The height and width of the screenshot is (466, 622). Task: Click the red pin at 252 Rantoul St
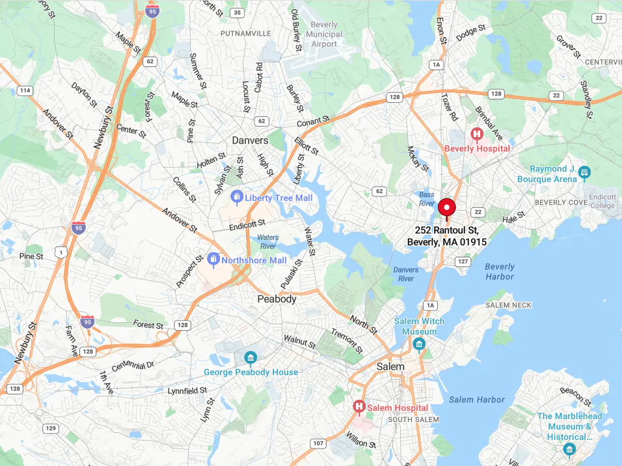click(447, 209)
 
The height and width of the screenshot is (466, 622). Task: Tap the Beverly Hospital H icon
click(476, 135)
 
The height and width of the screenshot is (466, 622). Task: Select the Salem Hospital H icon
click(358, 407)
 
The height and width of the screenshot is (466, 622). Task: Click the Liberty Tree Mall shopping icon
click(237, 197)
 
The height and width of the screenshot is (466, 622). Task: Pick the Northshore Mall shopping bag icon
click(213, 260)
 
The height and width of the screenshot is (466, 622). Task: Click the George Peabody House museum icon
click(250, 358)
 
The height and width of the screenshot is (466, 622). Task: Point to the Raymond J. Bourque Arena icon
click(584, 173)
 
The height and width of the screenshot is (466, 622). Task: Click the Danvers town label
click(250, 140)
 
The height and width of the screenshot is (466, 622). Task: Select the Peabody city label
click(277, 299)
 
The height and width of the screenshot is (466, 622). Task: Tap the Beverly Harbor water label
click(500, 272)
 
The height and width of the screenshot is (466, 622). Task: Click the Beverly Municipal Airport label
click(324, 34)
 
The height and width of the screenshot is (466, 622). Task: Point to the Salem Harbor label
click(477, 400)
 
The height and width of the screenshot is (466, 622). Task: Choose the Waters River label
click(268, 242)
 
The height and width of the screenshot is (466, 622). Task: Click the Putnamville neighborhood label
click(245, 32)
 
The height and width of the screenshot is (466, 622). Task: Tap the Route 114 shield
click(25, 90)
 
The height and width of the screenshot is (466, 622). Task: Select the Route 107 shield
click(318, 444)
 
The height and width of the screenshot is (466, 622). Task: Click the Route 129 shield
click(51, 428)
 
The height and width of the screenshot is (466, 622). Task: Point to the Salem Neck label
click(509, 305)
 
